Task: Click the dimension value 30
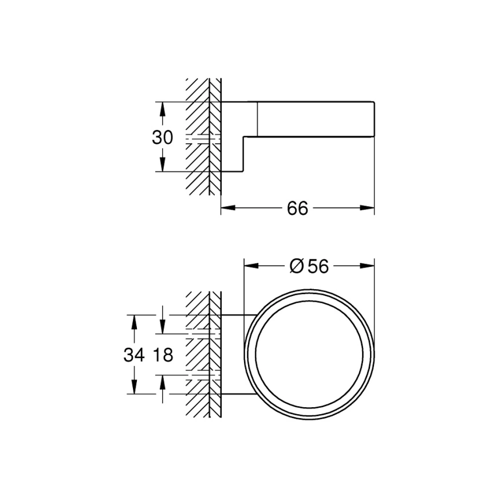click(162, 137)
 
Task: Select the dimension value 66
click(297, 208)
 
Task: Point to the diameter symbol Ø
click(296, 266)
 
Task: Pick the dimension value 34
click(133, 355)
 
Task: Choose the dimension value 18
click(163, 355)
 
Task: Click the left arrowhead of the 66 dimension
click(225, 208)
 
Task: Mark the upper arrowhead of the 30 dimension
click(162, 107)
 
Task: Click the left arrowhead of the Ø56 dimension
click(249, 266)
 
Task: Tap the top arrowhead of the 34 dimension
click(134, 319)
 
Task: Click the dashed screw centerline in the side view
click(203, 137)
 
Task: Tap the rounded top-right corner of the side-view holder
click(373, 104)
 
